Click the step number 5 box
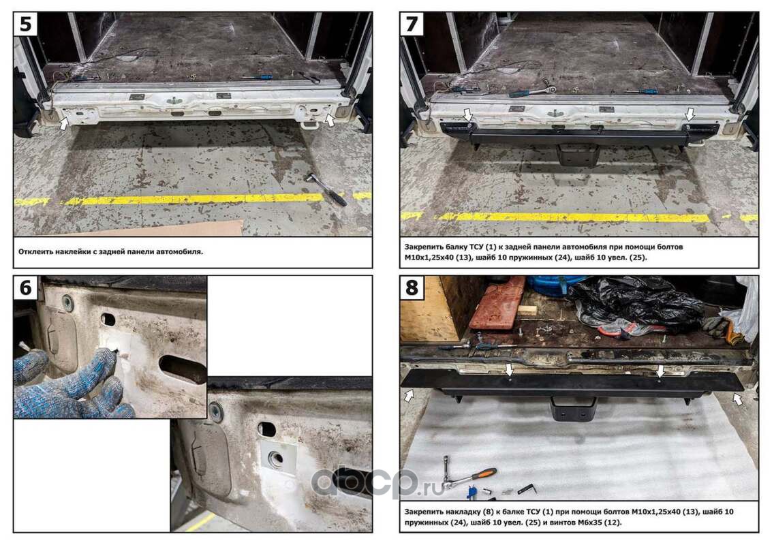[x=26, y=24]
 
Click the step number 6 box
[x=26, y=287]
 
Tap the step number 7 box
[x=412, y=24]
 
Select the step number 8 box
[x=412, y=287]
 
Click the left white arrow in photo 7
[x=467, y=115]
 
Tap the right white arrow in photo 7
[x=690, y=114]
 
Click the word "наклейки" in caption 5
[x=74, y=251]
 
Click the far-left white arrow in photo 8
[x=409, y=395]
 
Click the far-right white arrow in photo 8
[x=737, y=399]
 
